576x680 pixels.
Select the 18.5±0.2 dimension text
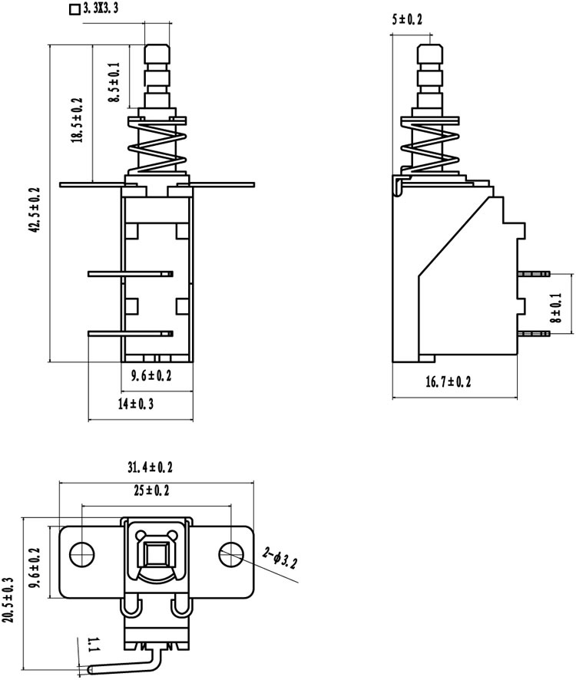77,120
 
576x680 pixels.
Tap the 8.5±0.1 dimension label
114,82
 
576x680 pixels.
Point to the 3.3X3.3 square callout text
94,8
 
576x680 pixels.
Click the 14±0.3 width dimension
136,404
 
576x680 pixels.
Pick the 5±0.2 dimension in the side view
407,19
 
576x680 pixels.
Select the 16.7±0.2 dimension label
449,382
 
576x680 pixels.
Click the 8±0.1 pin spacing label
556,308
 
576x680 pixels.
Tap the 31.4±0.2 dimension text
150,467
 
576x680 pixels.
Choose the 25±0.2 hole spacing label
151,491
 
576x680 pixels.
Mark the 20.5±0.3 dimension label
9,599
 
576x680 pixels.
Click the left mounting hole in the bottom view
82,555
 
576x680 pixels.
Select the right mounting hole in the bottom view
230,555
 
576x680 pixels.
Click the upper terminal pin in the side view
534,274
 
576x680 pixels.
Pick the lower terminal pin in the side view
534,334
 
